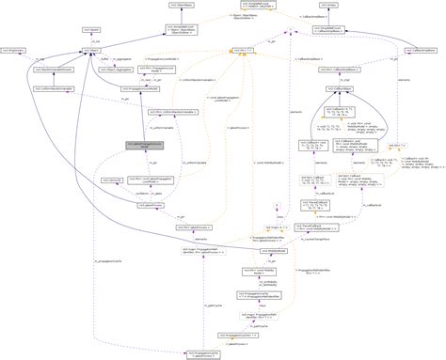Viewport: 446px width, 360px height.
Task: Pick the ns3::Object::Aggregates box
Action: [x=145, y=70]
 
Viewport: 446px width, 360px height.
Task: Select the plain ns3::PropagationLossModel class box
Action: [x=140, y=90]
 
